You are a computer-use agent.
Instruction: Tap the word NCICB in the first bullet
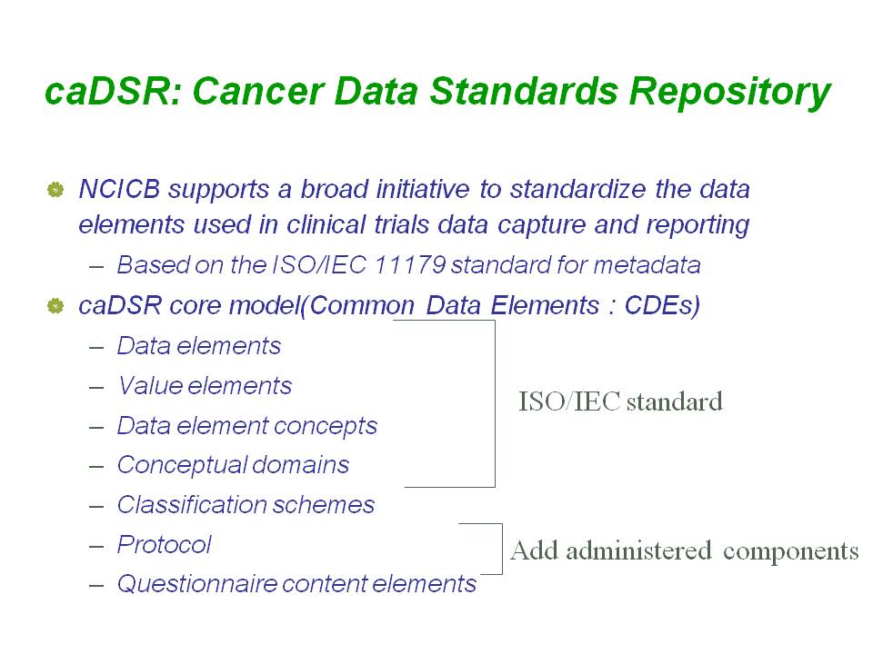pyautogui.click(x=119, y=189)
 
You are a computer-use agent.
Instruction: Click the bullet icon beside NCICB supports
pyautogui.click(x=55, y=190)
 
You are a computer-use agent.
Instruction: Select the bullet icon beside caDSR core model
pyautogui.click(x=55, y=305)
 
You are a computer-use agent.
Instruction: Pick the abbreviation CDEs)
pyautogui.click(x=662, y=306)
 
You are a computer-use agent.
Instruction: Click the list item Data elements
pyautogui.click(x=199, y=346)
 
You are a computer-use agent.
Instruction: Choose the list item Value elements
pyautogui.click(x=205, y=386)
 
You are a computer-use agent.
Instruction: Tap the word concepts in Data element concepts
pyautogui.click(x=326, y=427)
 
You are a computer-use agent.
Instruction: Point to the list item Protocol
pyautogui.click(x=165, y=544)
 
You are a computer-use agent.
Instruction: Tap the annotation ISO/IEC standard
pyautogui.click(x=621, y=401)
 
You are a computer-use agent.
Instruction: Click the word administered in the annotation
pyautogui.click(x=638, y=550)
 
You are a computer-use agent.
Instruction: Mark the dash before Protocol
pyautogui.click(x=96, y=547)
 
